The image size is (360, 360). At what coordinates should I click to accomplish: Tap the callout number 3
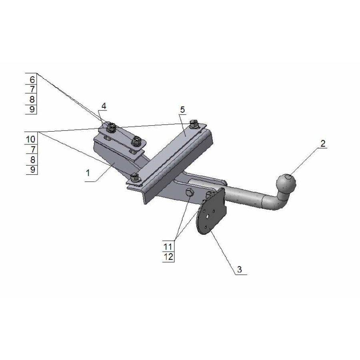[239, 270]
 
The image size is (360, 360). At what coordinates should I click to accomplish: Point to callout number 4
[104, 106]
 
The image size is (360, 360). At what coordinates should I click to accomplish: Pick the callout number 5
[182, 109]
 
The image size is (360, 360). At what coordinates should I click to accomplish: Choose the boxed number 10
[31, 139]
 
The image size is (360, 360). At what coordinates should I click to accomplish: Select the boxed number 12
[168, 257]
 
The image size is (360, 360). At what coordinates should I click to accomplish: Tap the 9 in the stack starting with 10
[32, 170]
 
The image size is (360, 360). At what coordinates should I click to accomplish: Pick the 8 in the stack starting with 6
[32, 99]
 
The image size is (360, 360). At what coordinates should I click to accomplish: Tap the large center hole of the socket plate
[208, 216]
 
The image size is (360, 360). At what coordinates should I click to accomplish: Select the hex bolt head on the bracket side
[190, 193]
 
